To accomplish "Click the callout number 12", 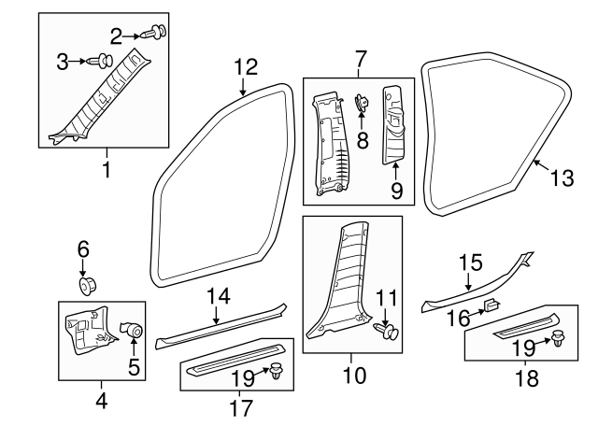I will (x=245, y=66).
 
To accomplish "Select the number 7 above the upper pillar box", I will (x=360, y=61).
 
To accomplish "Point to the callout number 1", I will (x=106, y=173).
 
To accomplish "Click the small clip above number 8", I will (x=360, y=102).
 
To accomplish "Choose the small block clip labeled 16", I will (x=492, y=305).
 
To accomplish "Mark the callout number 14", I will (x=218, y=296).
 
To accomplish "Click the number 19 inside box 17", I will (x=243, y=378).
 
